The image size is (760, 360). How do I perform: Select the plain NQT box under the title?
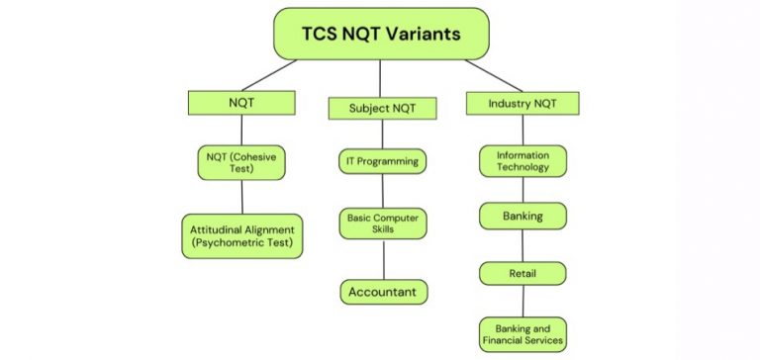(x=241, y=101)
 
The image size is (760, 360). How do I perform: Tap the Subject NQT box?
(x=383, y=106)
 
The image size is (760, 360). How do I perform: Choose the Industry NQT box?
(x=522, y=103)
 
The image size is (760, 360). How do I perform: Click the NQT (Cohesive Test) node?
(x=241, y=161)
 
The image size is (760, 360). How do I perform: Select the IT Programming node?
(x=383, y=161)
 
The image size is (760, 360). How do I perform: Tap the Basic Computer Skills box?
(x=383, y=223)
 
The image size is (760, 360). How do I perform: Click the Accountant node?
(x=383, y=292)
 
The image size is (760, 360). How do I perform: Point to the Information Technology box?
(x=523, y=161)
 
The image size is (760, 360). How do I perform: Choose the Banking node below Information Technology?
(x=523, y=215)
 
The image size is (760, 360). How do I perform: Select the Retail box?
(x=523, y=272)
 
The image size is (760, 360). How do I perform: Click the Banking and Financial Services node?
(x=523, y=332)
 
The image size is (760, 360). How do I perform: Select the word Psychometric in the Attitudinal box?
(x=237, y=242)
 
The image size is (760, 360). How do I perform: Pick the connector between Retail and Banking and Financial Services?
(x=523, y=301)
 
